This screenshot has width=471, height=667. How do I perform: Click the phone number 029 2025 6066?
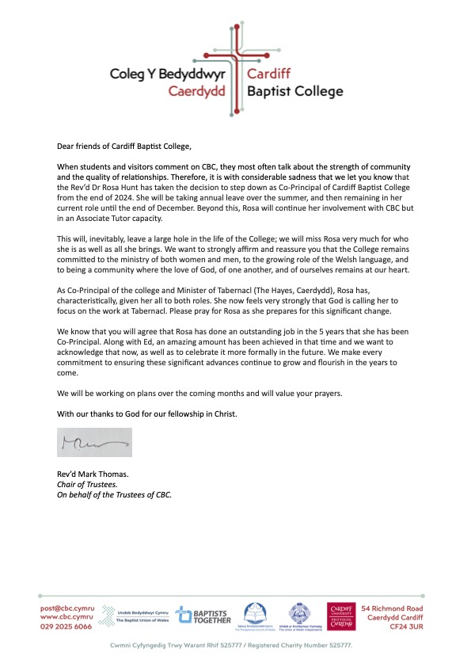point(66,626)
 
